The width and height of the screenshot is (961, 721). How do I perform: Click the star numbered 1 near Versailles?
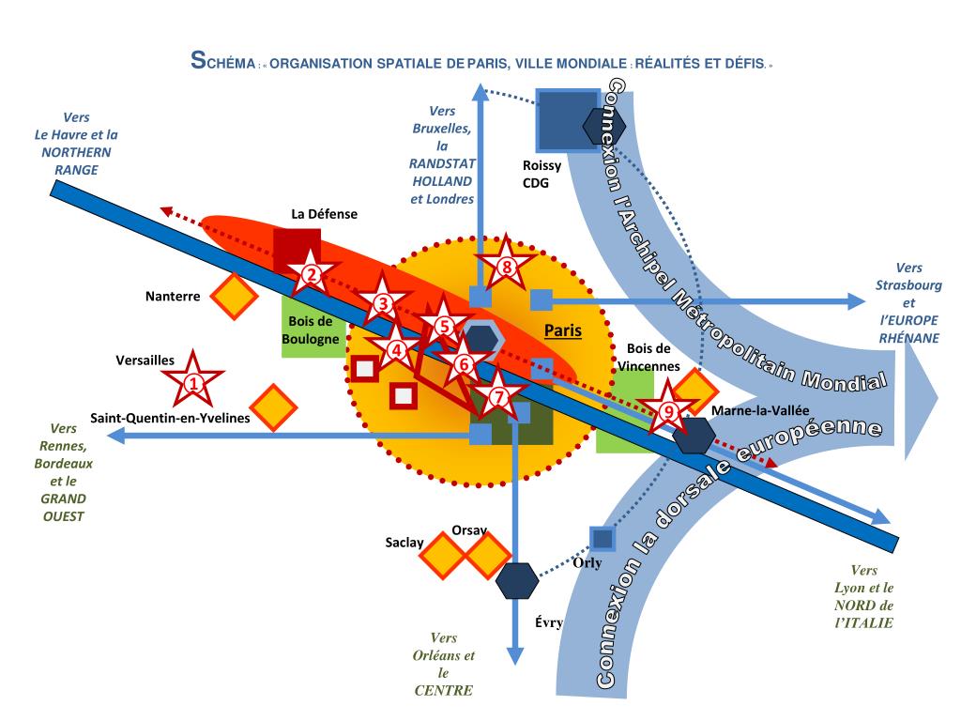pos(193,382)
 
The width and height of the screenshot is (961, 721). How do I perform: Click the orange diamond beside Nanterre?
pos(234,297)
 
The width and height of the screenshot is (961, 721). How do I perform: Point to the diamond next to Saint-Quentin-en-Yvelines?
pos(273,407)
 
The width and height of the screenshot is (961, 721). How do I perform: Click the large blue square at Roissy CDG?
pos(566,119)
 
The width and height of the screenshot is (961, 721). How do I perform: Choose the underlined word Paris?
pos(563,330)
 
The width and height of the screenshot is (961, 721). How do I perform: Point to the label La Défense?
pos(324,214)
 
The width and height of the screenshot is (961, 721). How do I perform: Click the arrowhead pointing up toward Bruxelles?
pos(480,90)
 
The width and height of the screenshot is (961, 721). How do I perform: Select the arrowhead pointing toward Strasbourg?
pos(855,300)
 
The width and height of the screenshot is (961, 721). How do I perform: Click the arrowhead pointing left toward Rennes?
pos(114,435)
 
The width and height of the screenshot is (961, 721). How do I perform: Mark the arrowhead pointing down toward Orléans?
pos(515,656)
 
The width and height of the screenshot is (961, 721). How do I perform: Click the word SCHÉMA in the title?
pos(221,64)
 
